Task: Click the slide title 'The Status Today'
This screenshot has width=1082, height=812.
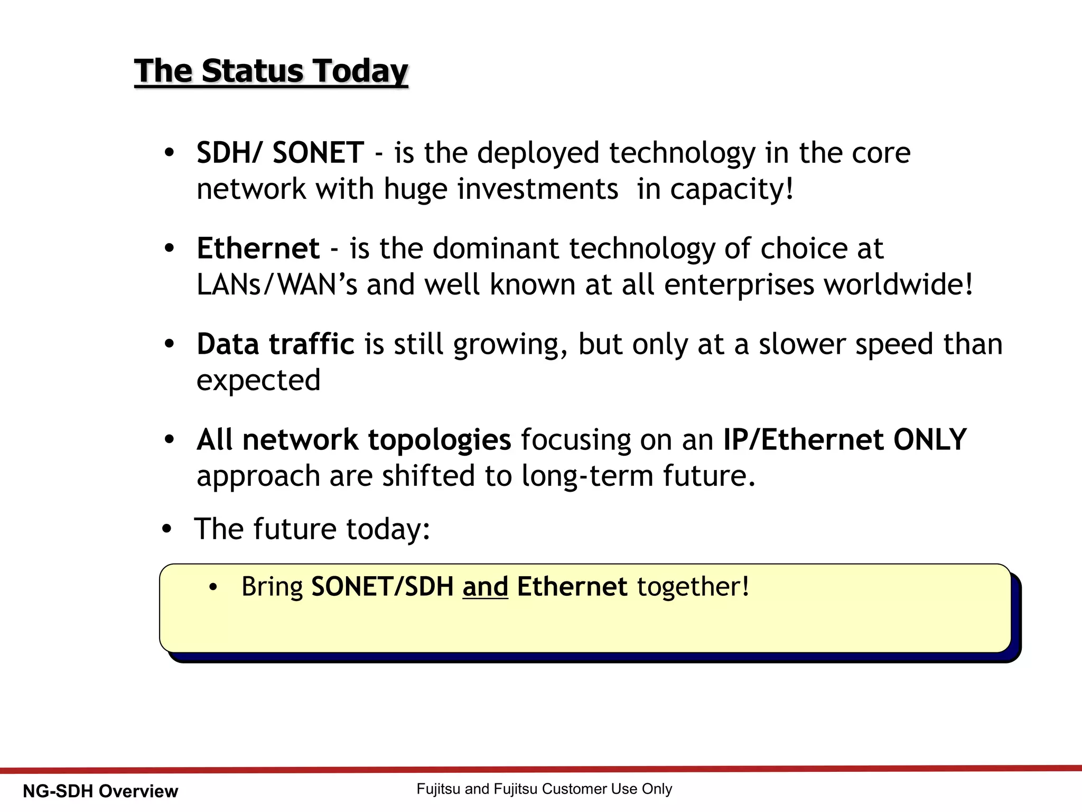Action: click(271, 71)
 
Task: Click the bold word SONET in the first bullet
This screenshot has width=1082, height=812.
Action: click(318, 153)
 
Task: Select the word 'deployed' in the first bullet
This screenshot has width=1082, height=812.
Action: click(538, 154)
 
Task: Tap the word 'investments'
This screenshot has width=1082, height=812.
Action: click(537, 189)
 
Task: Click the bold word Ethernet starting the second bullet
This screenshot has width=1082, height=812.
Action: click(258, 248)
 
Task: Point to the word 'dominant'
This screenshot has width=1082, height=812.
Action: click(496, 248)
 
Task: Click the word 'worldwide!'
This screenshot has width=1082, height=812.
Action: click(898, 285)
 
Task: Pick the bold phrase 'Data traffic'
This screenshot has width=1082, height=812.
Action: click(275, 344)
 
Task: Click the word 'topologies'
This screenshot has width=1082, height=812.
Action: click(439, 440)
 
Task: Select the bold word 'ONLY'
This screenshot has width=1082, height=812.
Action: click(929, 440)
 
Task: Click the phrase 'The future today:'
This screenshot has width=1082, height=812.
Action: click(312, 529)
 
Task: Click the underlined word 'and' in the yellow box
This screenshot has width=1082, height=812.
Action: click(485, 587)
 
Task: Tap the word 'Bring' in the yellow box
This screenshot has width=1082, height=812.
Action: click(272, 587)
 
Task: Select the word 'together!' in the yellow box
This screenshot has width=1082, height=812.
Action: click(693, 587)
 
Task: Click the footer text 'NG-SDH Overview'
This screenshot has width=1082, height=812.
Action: click(100, 791)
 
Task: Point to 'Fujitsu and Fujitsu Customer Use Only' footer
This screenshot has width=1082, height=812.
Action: click(544, 789)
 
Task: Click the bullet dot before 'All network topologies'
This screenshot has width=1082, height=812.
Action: click(169, 440)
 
